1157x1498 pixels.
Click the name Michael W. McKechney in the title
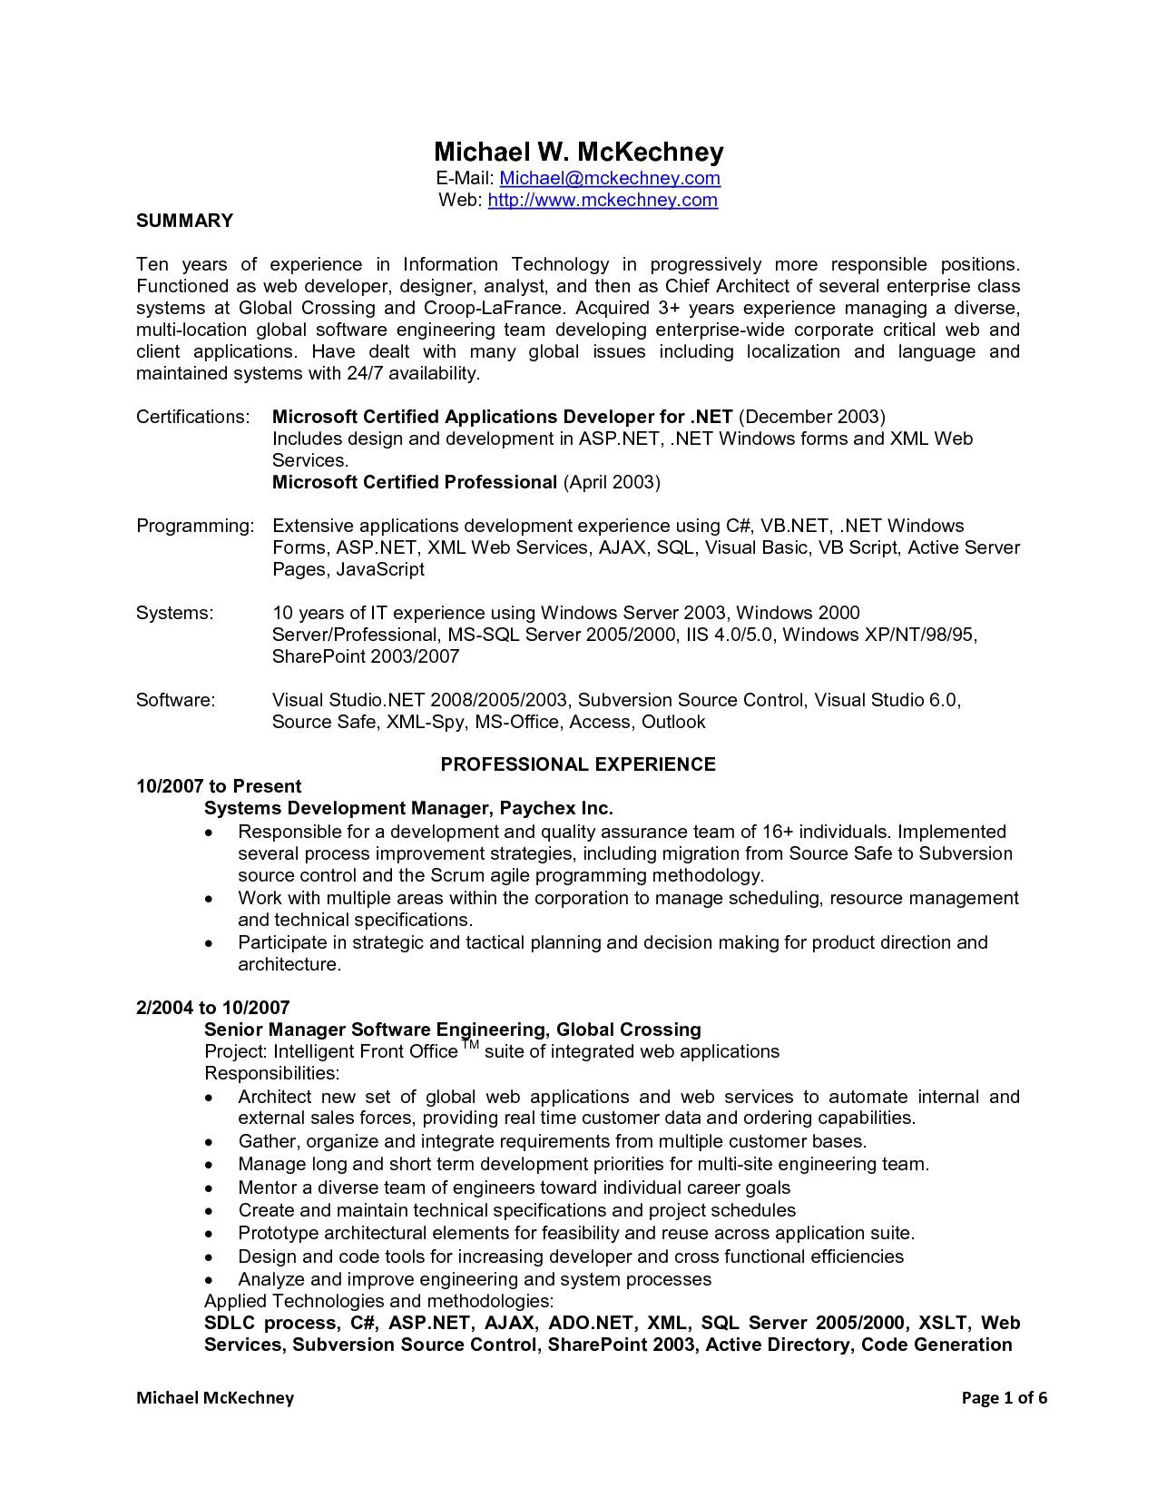point(578,151)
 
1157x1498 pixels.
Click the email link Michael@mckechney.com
point(610,178)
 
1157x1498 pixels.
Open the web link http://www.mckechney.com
point(603,200)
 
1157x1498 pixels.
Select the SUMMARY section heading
point(184,221)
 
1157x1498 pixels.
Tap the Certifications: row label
point(192,417)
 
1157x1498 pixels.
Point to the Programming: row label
point(195,526)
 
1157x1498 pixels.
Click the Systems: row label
point(175,613)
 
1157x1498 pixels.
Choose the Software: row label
point(176,700)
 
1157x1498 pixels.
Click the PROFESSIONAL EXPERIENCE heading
point(578,764)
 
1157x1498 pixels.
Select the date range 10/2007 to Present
point(219,786)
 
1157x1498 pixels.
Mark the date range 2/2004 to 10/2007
point(213,1008)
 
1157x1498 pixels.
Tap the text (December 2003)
point(812,417)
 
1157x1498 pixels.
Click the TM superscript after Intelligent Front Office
point(470,1046)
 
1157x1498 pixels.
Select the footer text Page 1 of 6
point(1005,1398)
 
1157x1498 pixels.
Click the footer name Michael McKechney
point(215,1398)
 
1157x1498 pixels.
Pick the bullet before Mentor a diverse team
point(210,1188)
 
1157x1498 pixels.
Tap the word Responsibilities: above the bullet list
point(272,1073)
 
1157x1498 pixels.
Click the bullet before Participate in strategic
point(210,943)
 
